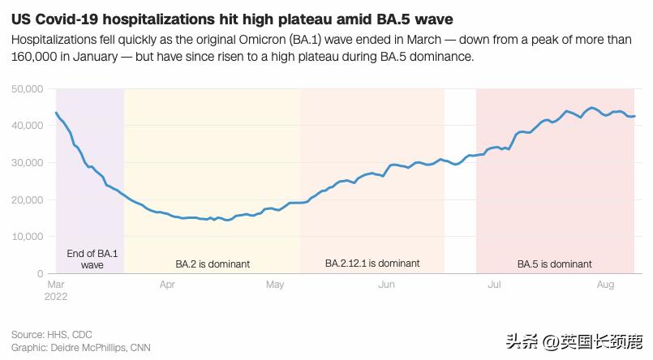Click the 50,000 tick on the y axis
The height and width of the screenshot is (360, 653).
coord(28,88)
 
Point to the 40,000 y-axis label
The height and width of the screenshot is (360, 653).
coord(28,126)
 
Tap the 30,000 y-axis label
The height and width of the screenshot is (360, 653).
coord(28,162)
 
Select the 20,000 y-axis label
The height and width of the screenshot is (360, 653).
coord(28,199)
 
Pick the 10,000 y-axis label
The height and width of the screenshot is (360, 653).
coord(28,237)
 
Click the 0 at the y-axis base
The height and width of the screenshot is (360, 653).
coord(40,274)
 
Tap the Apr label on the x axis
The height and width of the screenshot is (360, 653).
coord(168,285)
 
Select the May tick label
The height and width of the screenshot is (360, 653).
coord(276,285)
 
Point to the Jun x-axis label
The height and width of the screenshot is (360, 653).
coord(387,285)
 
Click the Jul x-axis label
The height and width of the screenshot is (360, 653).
coord(495,285)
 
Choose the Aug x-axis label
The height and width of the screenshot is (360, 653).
coord(605,285)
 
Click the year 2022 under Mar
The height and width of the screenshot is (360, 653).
coord(57,296)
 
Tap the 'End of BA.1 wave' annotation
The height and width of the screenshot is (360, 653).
coord(92,259)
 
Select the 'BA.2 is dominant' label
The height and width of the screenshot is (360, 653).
coord(213,264)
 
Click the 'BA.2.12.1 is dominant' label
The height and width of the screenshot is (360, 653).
coord(372,264)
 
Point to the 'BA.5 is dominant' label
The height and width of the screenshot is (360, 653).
coord(555,264)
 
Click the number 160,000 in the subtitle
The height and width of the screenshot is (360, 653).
coord(35,58)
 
